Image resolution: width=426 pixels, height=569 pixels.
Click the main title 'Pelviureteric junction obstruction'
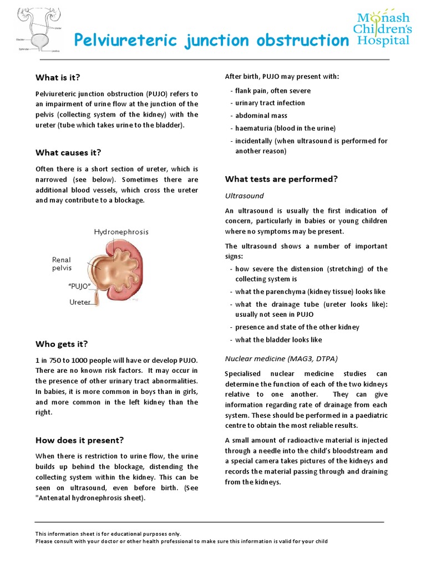pyautogui.click(x=212, y=40)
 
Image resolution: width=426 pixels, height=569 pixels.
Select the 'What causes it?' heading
pyautogui.click(x=68, y=152)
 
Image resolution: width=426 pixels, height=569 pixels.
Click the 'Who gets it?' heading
pyautogui.click(x=62, y=344)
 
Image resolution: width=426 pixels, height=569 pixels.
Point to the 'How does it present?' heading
pyautogui.click(x=79, y=440)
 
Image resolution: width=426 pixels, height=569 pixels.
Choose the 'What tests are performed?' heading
pyautogui.click(x=281, y=179)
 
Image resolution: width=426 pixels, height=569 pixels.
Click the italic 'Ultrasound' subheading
pyautogui.click(x=244, y=196)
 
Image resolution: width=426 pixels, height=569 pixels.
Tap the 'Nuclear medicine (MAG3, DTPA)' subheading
pyautogui.click(x=281, y=358)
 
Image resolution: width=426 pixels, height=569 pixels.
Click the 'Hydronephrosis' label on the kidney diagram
pyautogui.click(x=121, y=232)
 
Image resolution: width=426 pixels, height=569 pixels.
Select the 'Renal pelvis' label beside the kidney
pyautogui.click(x=62, y=263)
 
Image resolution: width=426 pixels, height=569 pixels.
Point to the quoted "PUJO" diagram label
pyautogui.click(x=79, y=286)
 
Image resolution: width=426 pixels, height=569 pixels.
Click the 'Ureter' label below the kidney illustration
pyautogui.click(x=80, y=302)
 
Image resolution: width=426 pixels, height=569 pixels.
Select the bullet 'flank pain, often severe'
pyautogui.click(x=273, y=91)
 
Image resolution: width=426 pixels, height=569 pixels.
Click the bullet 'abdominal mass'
pyautogui.click(x=261, y=116)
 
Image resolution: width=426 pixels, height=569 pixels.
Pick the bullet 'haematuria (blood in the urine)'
pyautogui.click(x=285, y=128)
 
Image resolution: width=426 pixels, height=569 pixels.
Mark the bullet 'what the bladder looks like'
pyautogui.click(x=278, y=340)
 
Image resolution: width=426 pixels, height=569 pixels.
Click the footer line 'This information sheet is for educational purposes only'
pyautogui.click(x=108, y=533)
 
